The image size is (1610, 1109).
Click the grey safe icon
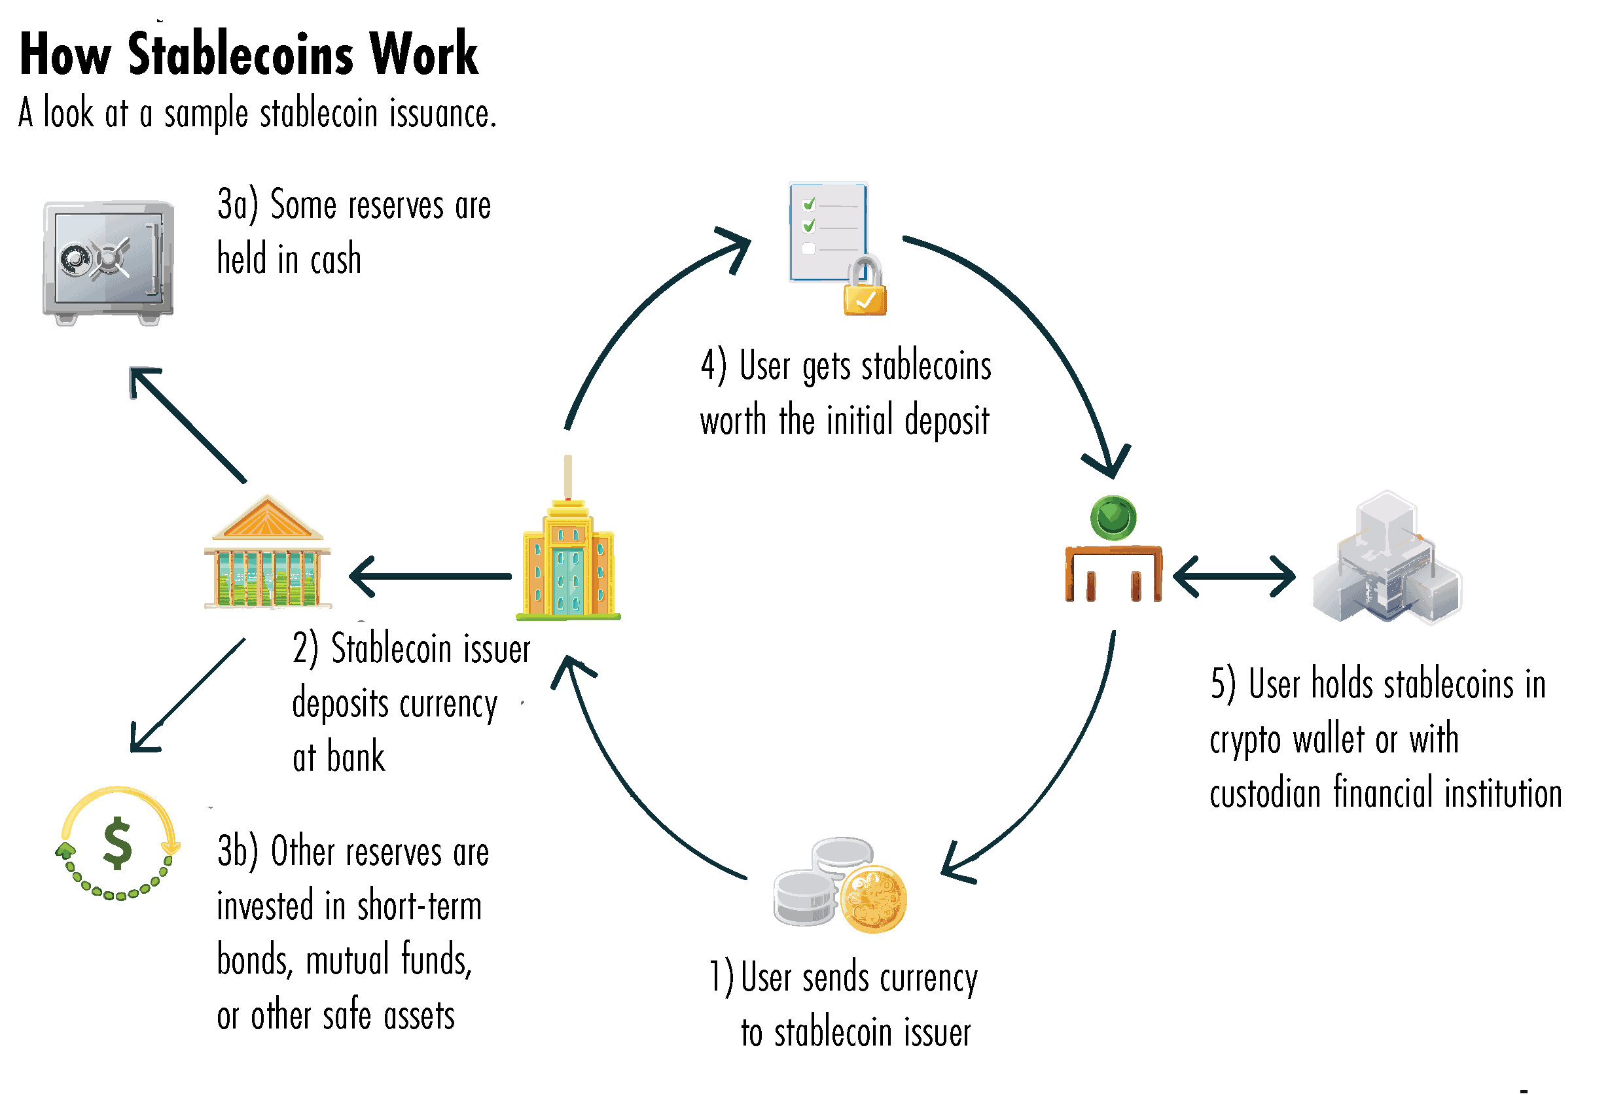pos(108,262)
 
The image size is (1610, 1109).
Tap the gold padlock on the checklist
pos(865,292)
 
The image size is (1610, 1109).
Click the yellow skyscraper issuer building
pos(568,563)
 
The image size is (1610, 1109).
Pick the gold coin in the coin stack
pos(873,898)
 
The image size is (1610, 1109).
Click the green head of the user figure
pos(1113,518)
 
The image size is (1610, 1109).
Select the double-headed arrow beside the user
pos(1234,576)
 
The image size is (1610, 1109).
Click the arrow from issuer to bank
pos(431,576)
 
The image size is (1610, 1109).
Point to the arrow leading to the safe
pos(188,425)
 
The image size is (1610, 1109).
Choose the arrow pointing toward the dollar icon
pos(188,695)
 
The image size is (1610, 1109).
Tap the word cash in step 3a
pos(336,260)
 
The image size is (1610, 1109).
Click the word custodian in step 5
pos(1264,793)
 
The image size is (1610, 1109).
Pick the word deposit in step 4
pos(946,421)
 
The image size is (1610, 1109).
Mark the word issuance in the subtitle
pos(442,113)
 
